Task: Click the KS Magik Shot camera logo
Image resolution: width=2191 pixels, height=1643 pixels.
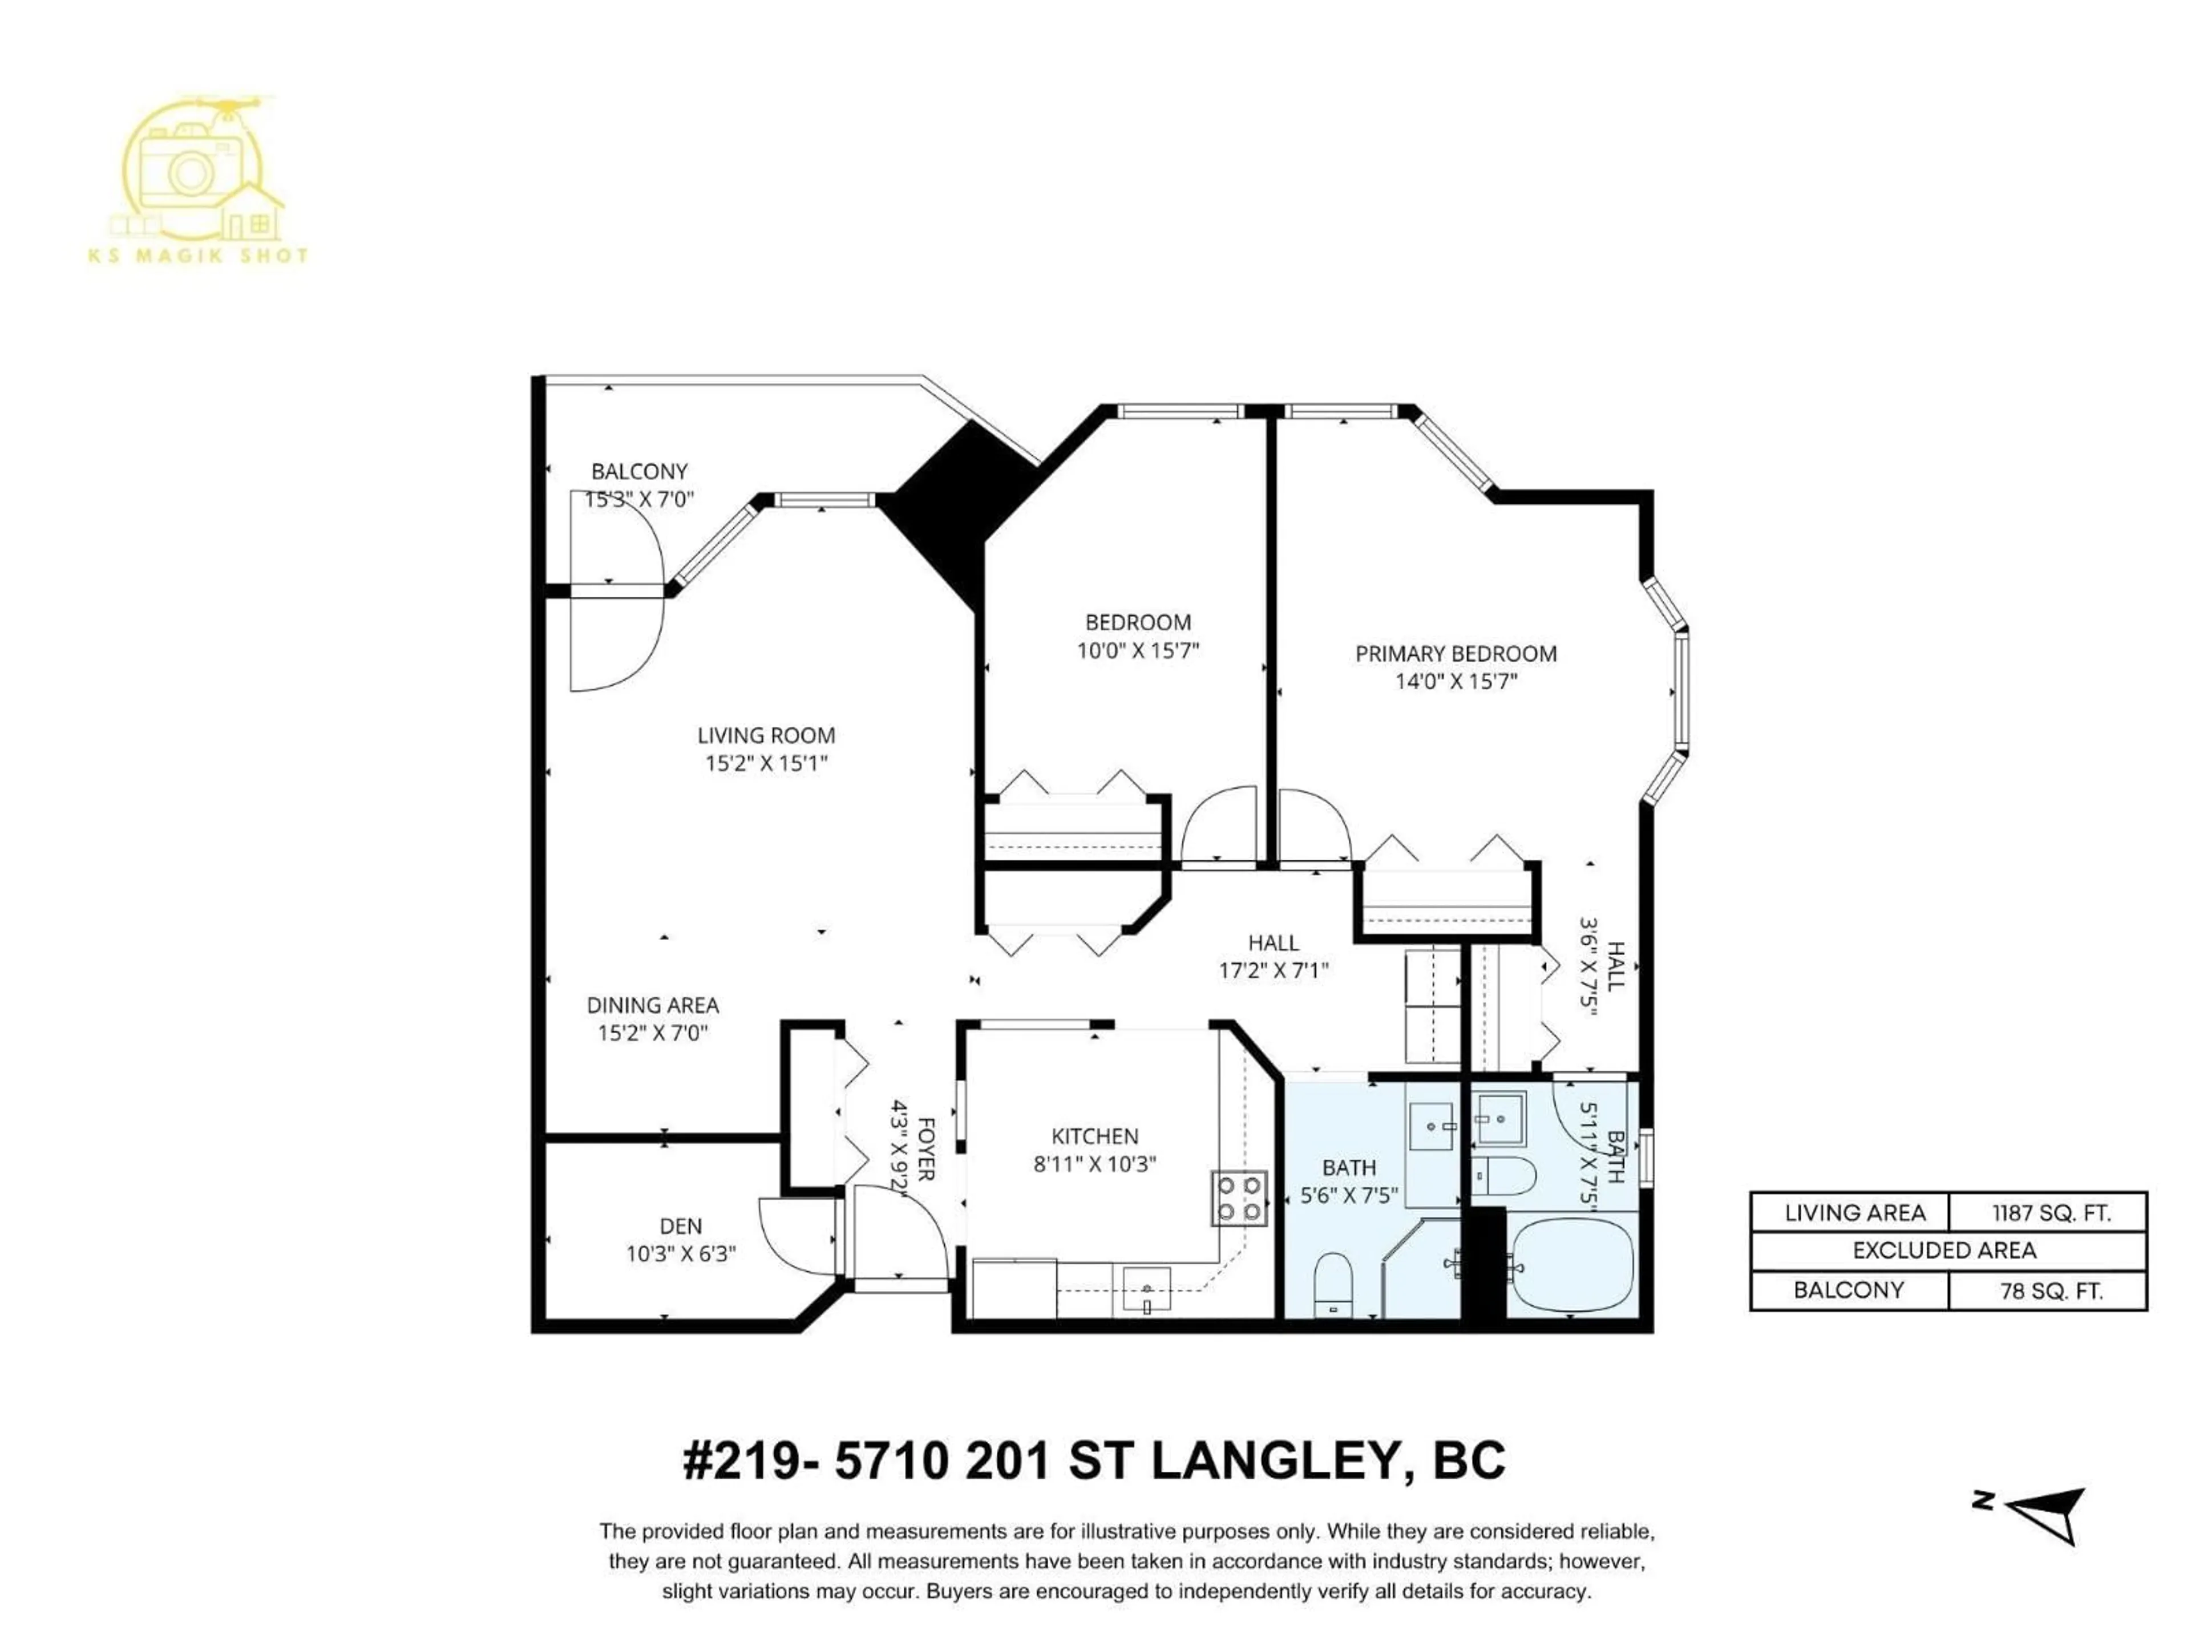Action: (x=198, y=173)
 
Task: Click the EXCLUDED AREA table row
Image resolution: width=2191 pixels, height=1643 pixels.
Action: (x=1947, y=1251)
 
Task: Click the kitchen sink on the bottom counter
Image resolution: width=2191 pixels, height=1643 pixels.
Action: (x=1147, y=1289)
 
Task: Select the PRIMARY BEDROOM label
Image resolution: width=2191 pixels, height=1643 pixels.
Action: (x=1455, y=654)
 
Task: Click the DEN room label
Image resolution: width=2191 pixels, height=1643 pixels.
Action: (x=681, y=1226)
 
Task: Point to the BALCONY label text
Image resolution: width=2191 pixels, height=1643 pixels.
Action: (x=639, y=471)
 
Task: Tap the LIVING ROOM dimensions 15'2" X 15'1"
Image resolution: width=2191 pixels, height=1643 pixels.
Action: (x=766, y=763)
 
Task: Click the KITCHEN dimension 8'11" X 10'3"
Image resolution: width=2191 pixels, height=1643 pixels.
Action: (x=1094, y=1164)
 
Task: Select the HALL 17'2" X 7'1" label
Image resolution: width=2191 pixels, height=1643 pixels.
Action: (x=1273, y=957)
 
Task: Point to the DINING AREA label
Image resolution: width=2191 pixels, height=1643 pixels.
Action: (x=653, y=1005)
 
